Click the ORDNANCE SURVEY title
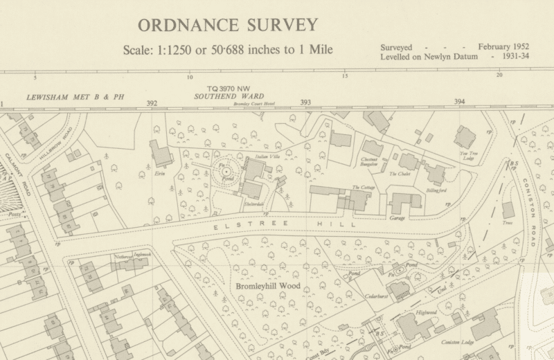coord(228,26)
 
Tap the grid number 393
coord(305,102)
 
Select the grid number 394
coord(460,102)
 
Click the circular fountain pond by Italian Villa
coord(226,171)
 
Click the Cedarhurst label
coord(375,296)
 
